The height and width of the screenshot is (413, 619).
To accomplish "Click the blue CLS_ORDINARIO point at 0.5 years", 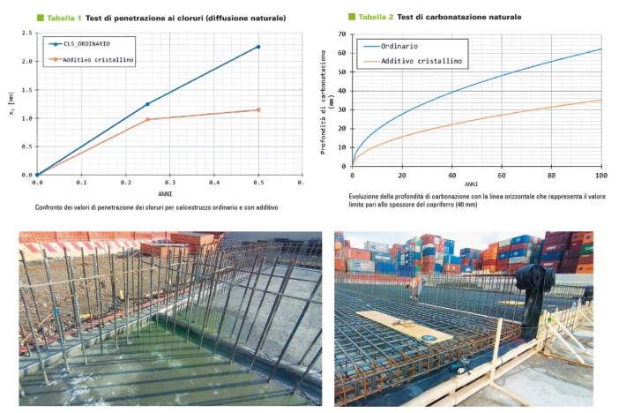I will point(257,47).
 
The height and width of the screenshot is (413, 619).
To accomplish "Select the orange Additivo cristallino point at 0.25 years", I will point(147,119).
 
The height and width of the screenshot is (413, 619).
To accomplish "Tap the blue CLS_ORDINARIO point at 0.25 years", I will point(147,104).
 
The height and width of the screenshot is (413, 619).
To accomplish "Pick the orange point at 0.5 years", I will point(257,109).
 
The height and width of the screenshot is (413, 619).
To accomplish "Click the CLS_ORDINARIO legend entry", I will point(86,42).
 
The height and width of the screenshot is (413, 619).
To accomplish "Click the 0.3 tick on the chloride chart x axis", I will point(169,183).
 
